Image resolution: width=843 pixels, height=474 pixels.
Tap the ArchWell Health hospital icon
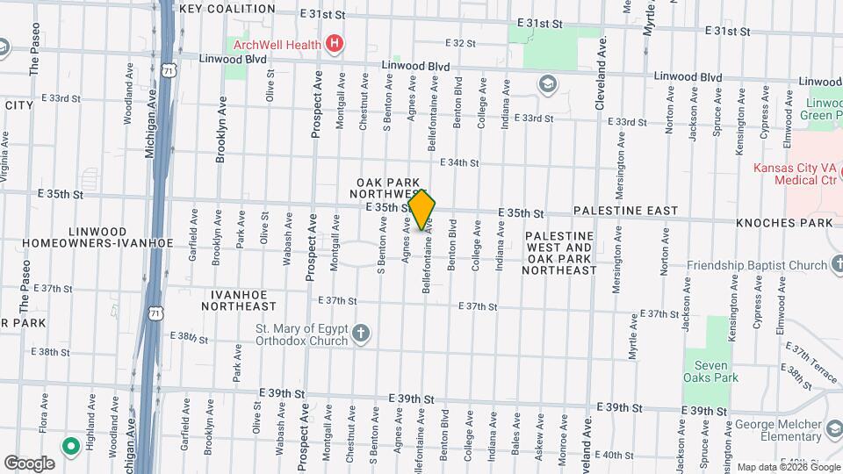[334, 42]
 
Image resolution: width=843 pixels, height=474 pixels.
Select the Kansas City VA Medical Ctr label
[795, 174]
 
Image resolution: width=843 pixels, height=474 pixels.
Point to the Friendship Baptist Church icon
[834, 265]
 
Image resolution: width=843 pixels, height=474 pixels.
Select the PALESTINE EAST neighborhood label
[625, 212]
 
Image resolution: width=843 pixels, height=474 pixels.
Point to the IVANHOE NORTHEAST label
[238, 300]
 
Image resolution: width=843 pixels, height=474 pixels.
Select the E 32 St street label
[460, 42]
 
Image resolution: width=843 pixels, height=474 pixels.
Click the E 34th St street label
[463, 162]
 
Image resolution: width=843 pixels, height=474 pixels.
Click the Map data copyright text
[776, 467]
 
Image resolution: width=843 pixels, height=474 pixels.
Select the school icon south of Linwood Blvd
[548, 84]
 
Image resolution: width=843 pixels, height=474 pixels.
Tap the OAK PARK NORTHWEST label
[386, 187]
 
